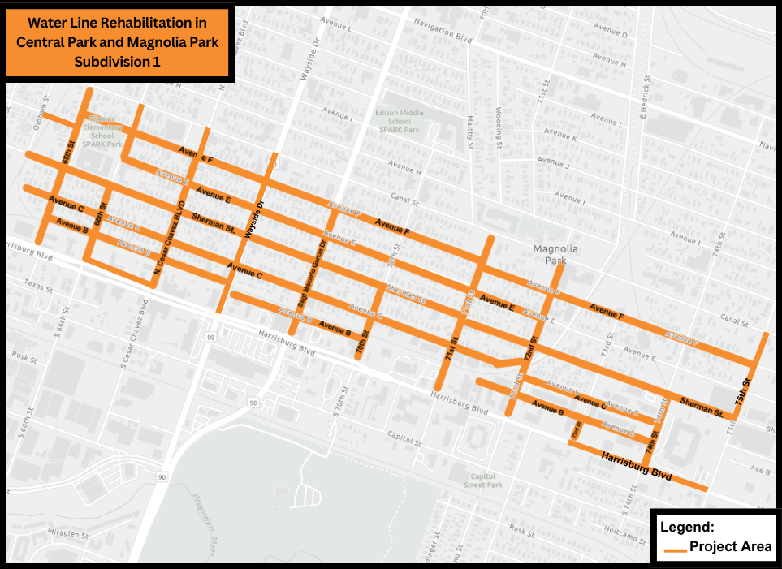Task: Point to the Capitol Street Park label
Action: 483,481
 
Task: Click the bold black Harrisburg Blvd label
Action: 637,468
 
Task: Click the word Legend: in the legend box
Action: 687,527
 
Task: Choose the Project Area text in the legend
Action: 731,546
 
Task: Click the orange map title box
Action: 119,42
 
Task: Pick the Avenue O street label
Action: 611,35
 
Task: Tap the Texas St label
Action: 37,285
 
